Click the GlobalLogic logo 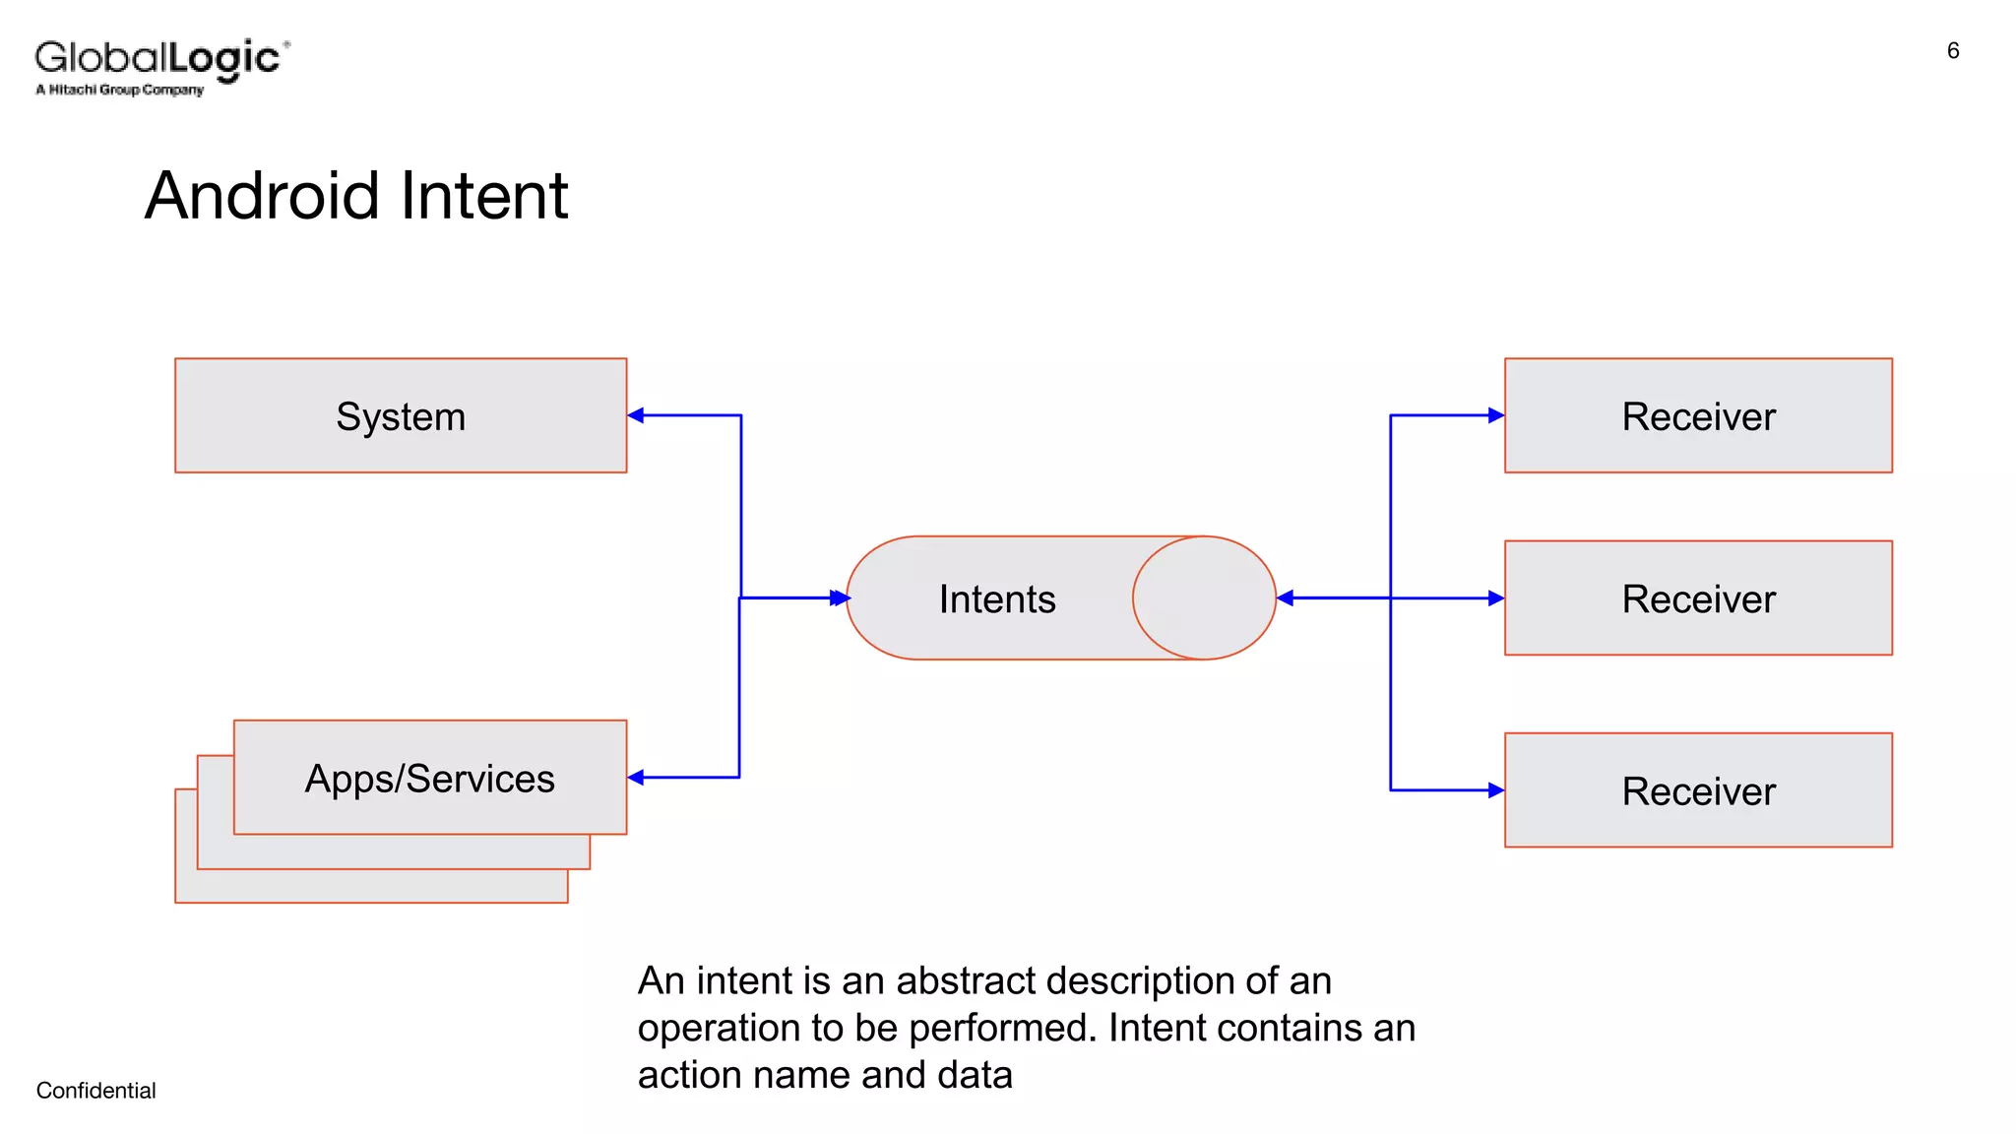162,65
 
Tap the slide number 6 1953,51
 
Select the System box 401,415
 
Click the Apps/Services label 430,779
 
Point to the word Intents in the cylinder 997,599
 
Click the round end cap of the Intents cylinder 1204,598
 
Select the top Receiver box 1698,415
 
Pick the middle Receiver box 1698,598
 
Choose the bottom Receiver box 1698,789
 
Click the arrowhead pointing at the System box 636,415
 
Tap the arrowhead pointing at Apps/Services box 636,778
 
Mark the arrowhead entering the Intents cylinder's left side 840,598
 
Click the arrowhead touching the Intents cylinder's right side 1285,598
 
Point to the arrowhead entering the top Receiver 1496,415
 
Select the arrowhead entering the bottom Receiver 1496,789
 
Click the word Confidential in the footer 96,1091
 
